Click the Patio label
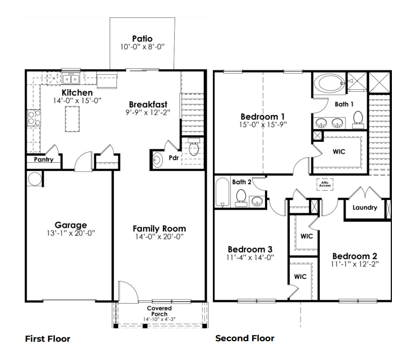(x=142, y=39)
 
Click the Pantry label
(x=43, y=160)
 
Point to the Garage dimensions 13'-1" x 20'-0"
(x=70, y=234)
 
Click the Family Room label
(x=159, y=229)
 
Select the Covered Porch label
(x=159, y=311)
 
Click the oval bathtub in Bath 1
(x=327, y=84)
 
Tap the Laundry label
(x=365, y=208)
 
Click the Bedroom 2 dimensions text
(x=354, y=265)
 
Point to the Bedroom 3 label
(x=250, y=249)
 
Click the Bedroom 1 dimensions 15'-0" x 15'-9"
(x=262, y=125)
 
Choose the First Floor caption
(x=48, y=339)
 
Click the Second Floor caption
(x=245, y=339)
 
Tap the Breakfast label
(x=148, y=104)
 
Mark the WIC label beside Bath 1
(x=339, y=152)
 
